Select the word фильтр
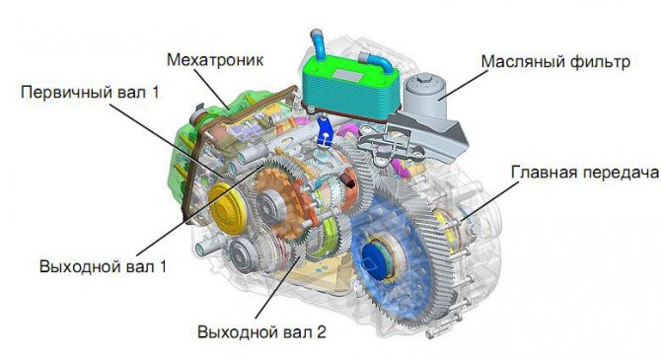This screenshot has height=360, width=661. (595, 63)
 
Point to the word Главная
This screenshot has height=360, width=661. (545, 173)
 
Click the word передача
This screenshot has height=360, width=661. (621, 173)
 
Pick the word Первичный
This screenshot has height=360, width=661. (59, 93)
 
